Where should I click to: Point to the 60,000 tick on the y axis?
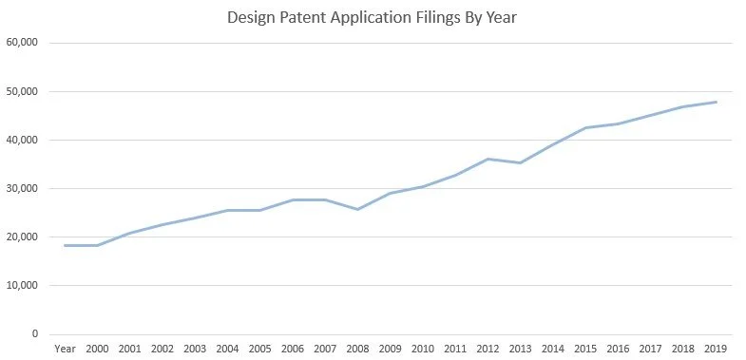(x=21, y=43)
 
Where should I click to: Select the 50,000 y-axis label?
(x=21, y=92)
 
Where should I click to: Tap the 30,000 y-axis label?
(x=21, y=189)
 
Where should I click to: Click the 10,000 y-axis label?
(x=21, y=286)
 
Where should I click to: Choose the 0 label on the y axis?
(x=34, y=334)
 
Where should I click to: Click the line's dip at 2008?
(x=357, y=209)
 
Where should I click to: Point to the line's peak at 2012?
(x=488, y=159)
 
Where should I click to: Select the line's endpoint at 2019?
(x=716, y=102)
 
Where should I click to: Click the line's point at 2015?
(x=585, y=127)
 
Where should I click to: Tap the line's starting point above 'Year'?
(x=65, y=245)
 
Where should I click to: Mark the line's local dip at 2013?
(x=520, y=162)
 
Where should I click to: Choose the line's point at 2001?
(x=129, y=233)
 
